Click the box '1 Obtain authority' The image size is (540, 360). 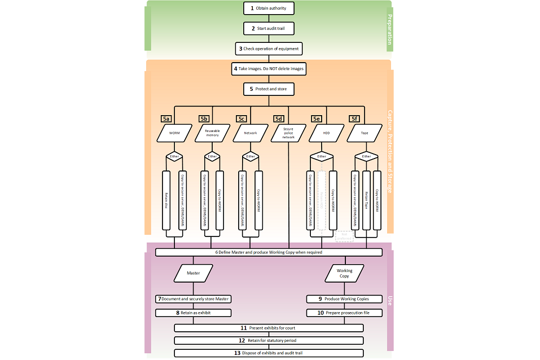pos(269,8)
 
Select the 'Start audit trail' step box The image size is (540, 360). pos(269,28)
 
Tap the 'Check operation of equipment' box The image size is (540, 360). pos(269,49)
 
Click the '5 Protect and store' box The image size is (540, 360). pos(269,89)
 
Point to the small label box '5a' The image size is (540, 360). pos(166,119)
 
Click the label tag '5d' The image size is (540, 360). pos(279,119)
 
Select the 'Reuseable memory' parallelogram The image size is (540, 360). pos(212,133)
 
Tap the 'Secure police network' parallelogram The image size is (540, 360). pos(288,133)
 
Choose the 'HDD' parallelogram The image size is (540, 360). pos(326,133)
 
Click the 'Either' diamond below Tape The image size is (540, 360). pos(366,156)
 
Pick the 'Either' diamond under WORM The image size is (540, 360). pos(174,156)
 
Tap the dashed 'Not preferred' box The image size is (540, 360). pos(344,236)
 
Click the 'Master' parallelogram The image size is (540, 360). pos(194,273)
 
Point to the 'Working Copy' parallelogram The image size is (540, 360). pos(344,273)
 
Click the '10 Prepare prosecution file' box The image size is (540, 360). pos(344,313)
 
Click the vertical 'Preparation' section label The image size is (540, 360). pos(389,29)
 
